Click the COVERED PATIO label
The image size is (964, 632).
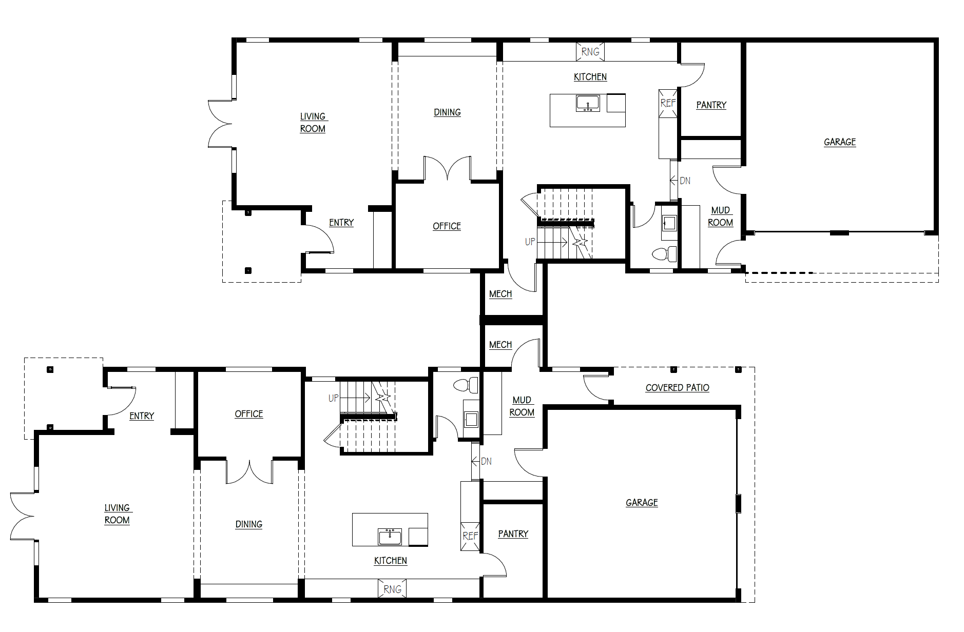pos(677,388)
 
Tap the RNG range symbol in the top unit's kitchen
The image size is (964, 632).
pos(590,52)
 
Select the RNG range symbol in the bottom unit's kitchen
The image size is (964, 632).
pos(392,589)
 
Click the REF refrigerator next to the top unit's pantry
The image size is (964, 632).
pos(668,104)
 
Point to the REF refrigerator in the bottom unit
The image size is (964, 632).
pos(470,536)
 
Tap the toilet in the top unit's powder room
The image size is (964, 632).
pos(664,254)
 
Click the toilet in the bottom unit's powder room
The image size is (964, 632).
pos(466,385)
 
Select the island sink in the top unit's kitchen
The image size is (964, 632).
pos(588,103)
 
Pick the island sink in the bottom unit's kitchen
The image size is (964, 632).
pos(390,537)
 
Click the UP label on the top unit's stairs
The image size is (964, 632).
pos(530,242)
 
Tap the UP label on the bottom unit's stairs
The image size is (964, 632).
pos(333,398)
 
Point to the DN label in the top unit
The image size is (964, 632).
pos(685,181)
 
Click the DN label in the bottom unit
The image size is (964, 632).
pos(486,461)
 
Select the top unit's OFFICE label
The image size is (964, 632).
pos(447,226)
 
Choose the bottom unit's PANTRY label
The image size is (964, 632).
pos(513,534)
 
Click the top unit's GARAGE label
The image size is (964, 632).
pos(840,142)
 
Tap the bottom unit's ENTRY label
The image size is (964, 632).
pos(142,416)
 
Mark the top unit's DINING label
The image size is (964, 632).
pos(447,112)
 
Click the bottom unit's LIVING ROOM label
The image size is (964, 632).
pos(117,514)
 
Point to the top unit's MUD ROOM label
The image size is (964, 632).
pos(720,216)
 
